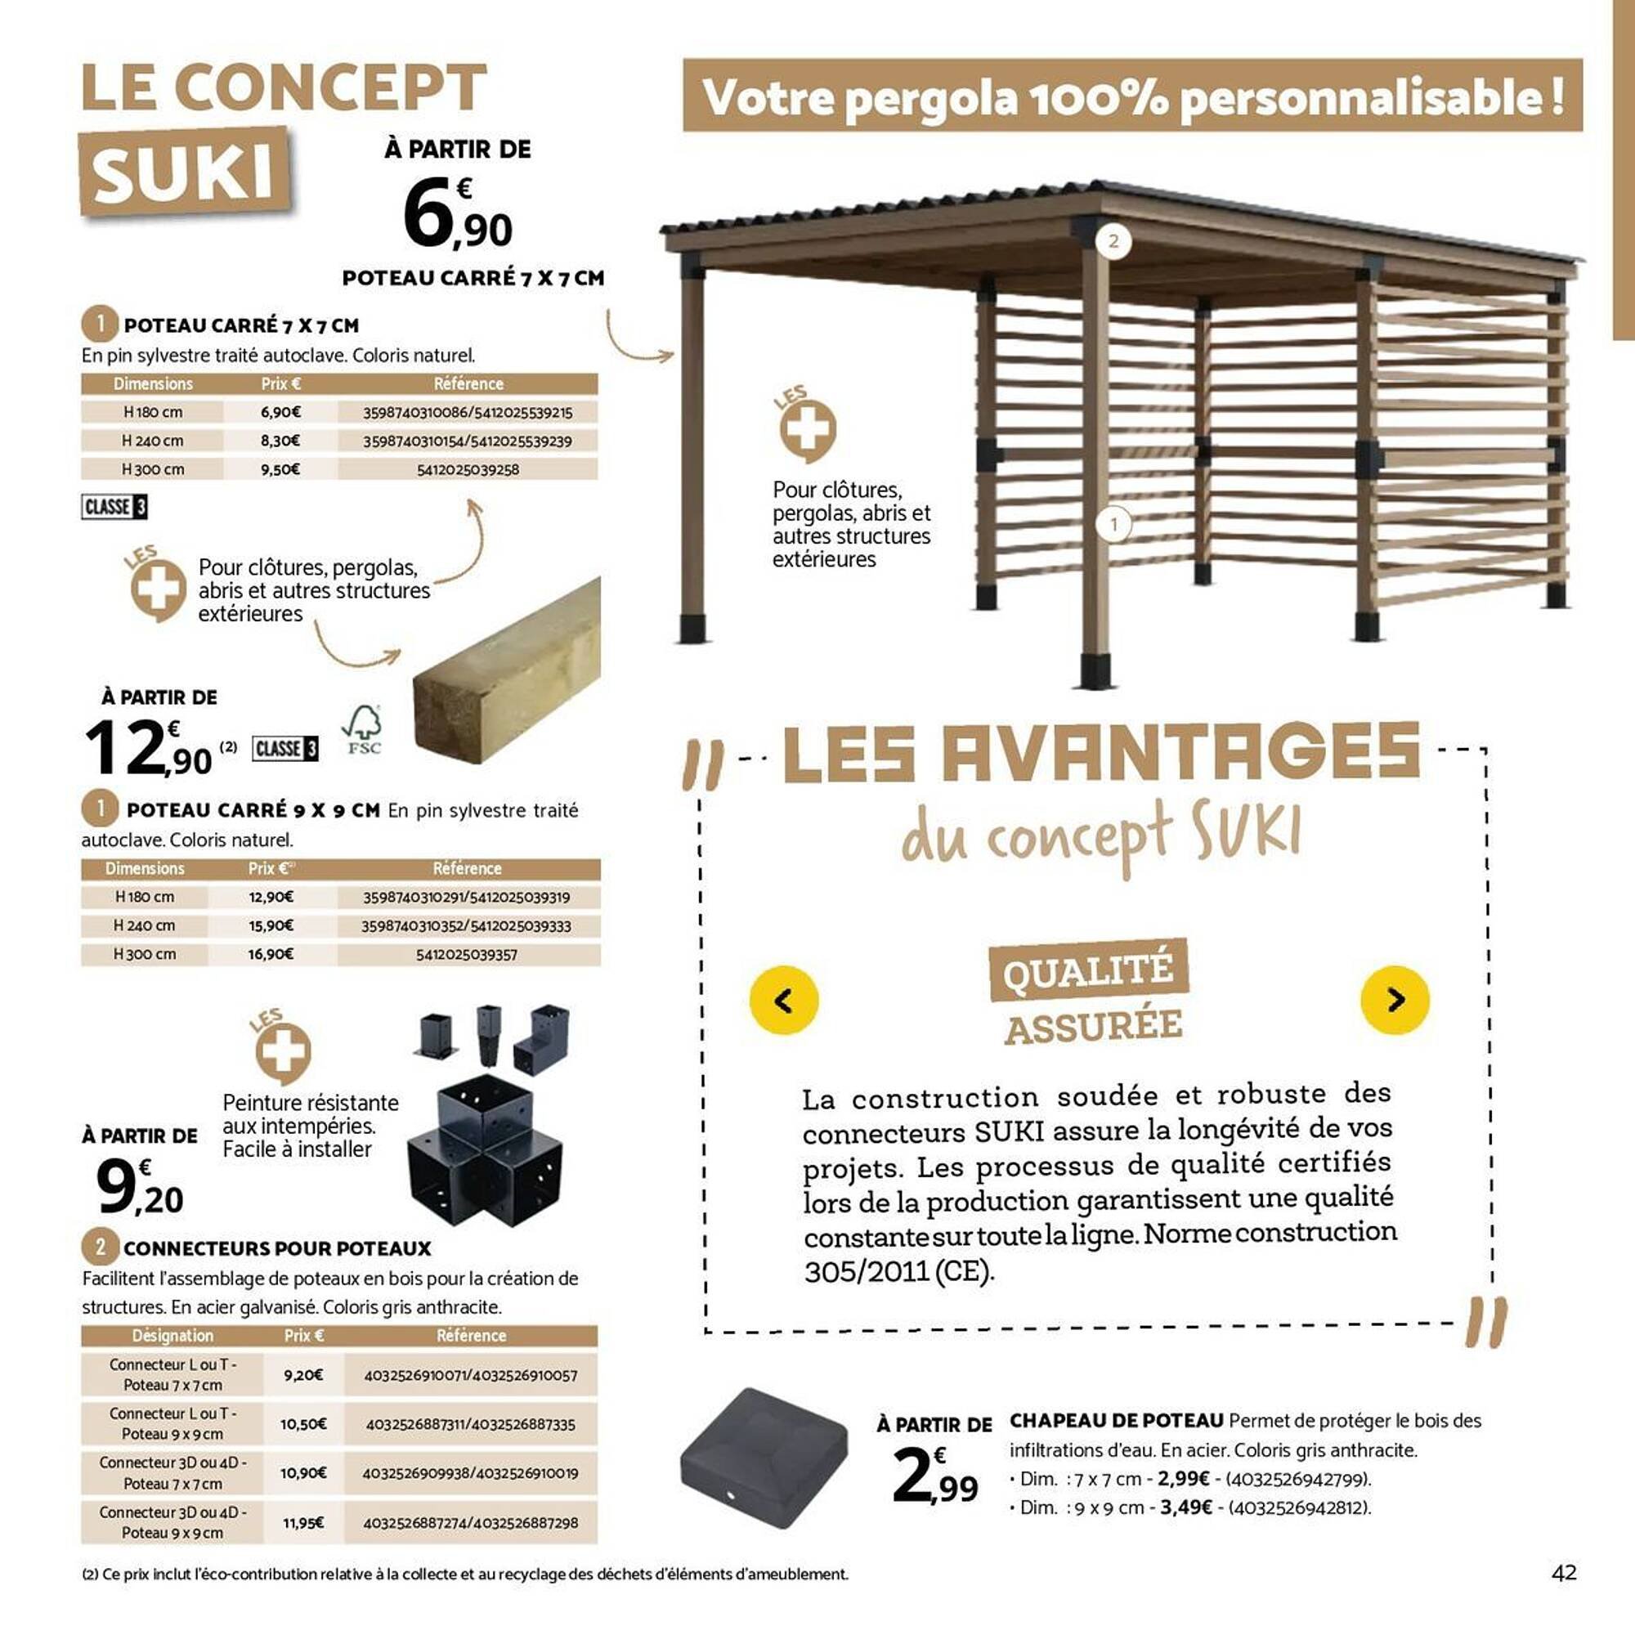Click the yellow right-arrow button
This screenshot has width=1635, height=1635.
tap(1395, 1000)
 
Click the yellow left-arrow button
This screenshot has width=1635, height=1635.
tap(784, 1000)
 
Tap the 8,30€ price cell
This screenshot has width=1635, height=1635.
tap(280, 440)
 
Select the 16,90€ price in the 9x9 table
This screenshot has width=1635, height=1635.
tap(271, 954)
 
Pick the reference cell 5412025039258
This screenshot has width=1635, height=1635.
tap(468, 468)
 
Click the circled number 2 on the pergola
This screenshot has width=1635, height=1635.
tap(1113, 241)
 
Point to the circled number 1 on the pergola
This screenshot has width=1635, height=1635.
tap(1113, 525)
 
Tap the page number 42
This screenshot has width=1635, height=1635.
tap(1564, 1572)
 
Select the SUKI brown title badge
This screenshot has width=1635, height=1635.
tap(185, 172)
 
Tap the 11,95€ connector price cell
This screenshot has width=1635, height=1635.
tap(303, 1522)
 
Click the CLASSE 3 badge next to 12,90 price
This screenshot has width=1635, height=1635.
tap(285, 748)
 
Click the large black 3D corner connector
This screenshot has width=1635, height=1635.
tap(485, 1151)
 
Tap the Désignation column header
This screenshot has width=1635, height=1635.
tap(172, 1336)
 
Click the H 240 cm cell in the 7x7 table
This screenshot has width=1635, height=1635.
tap(152, 440)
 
